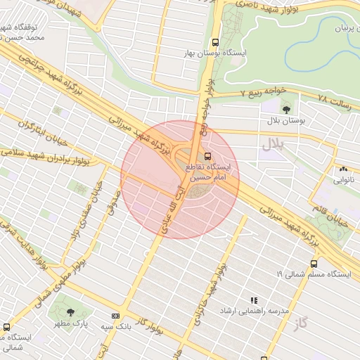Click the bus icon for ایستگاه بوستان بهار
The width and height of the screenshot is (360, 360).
(x=214, y=42)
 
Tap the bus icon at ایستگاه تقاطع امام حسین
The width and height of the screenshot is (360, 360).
(x=207, y=155)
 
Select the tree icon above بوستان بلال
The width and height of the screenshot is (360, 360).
(x=285, y=108)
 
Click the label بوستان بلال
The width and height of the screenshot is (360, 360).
(x=285, y=121)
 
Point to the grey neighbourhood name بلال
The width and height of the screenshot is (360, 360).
(x=271, y=145)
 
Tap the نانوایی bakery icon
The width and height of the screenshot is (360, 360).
(x=343, y=169)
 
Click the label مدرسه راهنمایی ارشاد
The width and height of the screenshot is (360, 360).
(x=255, y=310)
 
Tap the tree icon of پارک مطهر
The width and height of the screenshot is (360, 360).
(x=70, y=311)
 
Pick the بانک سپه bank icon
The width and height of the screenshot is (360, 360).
(x=115, y=316)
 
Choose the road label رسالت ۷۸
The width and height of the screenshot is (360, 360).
(x=333, y=99)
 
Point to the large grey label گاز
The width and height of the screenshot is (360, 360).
(x=302, y=323)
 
